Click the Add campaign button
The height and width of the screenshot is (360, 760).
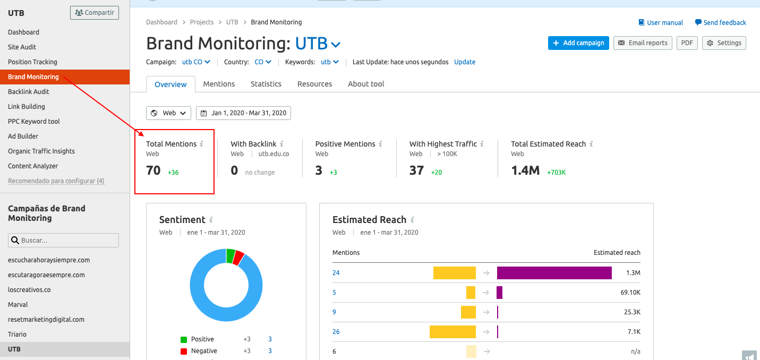(x=578, y=43)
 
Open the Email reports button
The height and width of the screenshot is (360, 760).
(x=643, y=43)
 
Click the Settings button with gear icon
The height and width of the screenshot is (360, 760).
(x=724, y=43)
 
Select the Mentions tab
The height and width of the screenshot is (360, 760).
(x=219, y=84)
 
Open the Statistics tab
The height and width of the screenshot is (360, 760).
(x=266, y=84)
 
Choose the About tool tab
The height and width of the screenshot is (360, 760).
(x=366, y=84)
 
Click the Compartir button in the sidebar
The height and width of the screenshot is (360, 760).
(x=95, y=13)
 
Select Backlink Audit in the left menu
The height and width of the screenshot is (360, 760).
(x=29, y=92)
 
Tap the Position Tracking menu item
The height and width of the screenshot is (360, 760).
(x=32, y=62)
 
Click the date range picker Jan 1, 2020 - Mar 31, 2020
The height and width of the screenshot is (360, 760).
(x=243, y=113)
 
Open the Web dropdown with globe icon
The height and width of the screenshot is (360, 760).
(x=169, y=113)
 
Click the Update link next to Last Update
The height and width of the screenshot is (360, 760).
(x=465, y=62)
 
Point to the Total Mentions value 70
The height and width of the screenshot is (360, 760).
(x=153, y=170)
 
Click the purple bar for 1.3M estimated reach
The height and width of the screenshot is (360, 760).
(x=554, y=273)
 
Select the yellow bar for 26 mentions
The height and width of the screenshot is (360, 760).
(x=452, y=332)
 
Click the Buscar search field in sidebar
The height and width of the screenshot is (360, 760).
(x=64, y=241)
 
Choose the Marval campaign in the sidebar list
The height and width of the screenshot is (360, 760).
(x=18, y=305)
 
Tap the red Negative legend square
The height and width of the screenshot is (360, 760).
(x=184, y=351)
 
